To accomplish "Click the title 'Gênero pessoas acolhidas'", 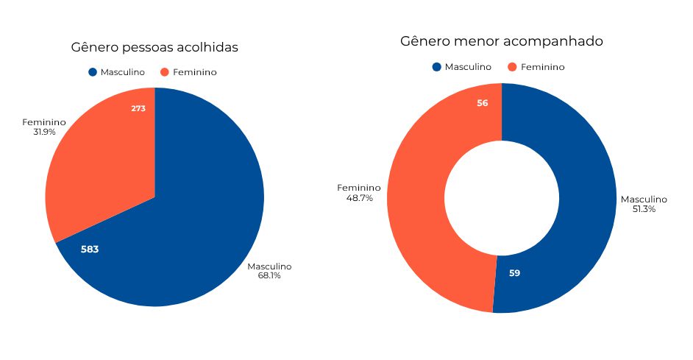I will click(154, 48).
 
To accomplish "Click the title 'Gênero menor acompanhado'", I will click(502, 41).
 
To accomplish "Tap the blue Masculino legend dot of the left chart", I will click(93, 72).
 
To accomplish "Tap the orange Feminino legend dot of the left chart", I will click(165, 72).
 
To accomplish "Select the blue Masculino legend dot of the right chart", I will click(437, 67).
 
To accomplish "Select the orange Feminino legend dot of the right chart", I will click(512, 67).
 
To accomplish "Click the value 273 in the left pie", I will click(138, 108).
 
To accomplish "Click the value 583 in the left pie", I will click(90, 250).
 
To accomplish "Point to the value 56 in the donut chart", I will click(483, 103).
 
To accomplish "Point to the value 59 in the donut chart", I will click(514, 273).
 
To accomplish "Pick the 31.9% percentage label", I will click(44, 133).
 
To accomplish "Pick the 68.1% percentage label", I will click(269, 276).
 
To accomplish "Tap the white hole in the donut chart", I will click(502, 198).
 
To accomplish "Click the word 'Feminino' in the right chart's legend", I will click(543, 67).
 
